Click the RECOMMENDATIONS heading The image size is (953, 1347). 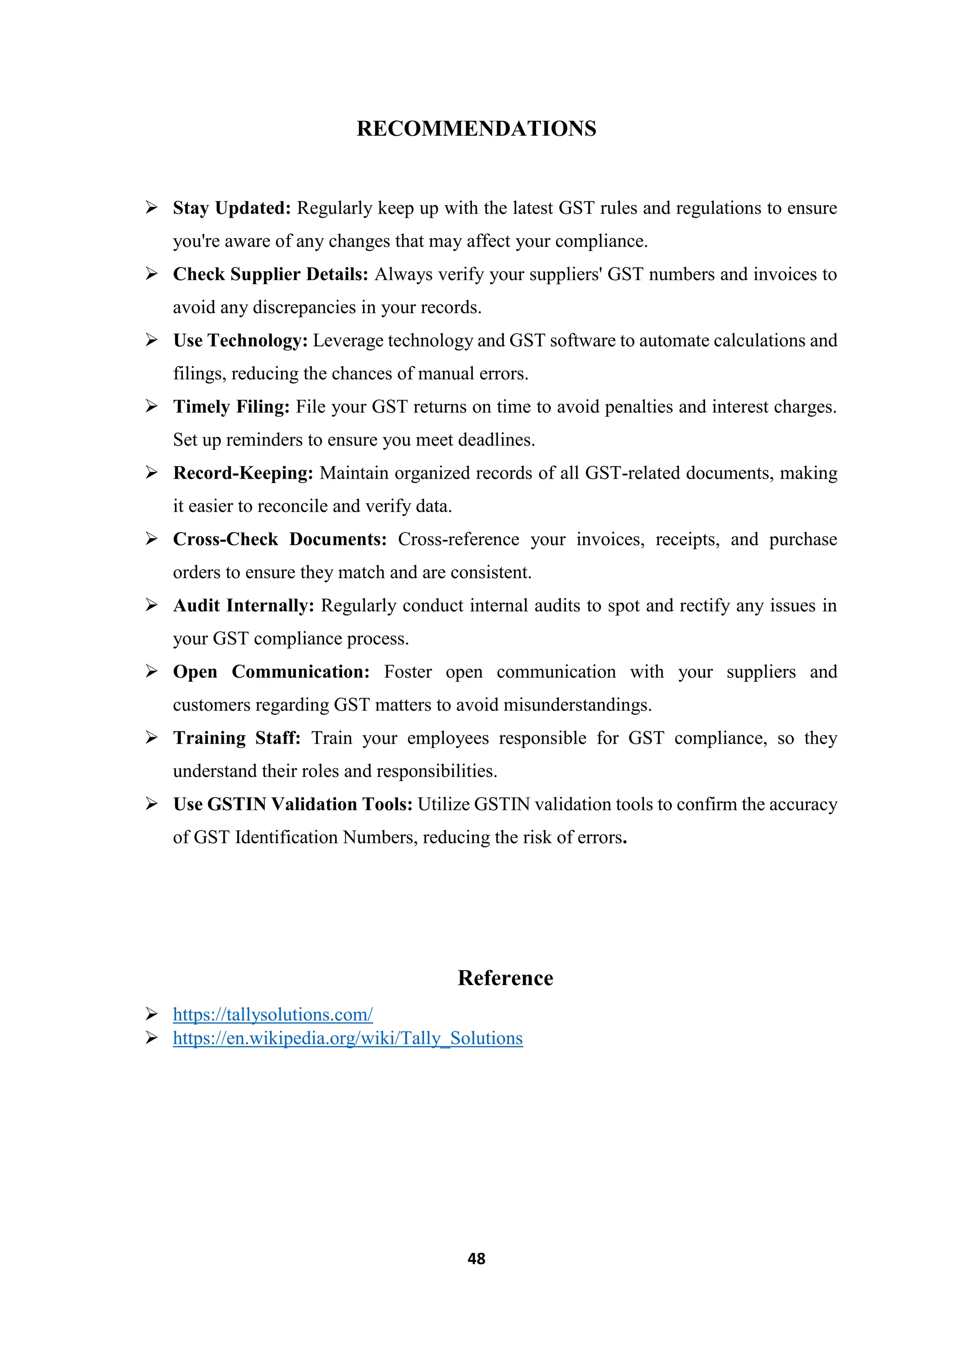(x=476, y=128)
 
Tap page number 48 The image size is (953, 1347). (x=476, y=1259)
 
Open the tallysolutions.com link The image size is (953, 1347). (x=273, y=1014)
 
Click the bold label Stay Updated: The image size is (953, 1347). (x=232, y=208)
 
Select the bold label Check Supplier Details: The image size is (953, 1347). (x=270, y=274)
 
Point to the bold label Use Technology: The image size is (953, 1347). (x=240, y=341)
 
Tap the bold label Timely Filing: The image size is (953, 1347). (x=231, y=407)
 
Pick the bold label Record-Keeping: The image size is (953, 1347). (x=243, y=473)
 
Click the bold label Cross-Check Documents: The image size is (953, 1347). (x=280, y=540)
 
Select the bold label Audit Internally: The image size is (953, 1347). (x=243, y=606)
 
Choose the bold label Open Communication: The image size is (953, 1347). (x=271, y=672)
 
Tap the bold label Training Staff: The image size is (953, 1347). (x=236, y=739)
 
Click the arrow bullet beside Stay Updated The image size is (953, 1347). (x=151, y=208)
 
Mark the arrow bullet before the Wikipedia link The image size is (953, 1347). (x=151, y=1038)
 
